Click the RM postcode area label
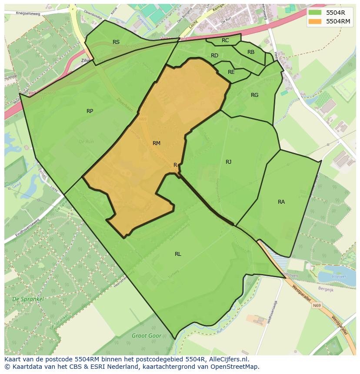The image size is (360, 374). (x=157, y=143)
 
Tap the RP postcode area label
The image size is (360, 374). (x=90, y=111)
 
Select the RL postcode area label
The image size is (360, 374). (x=178, y=254)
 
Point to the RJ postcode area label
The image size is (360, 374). (x=228, y=162)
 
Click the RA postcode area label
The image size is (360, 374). (x=281, y=202)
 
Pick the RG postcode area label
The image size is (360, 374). (x=254, y=95)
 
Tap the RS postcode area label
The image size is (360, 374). (x=116, y=42)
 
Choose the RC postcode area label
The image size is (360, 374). (x=225, y=40)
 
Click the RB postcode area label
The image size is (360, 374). (x=251, y=52)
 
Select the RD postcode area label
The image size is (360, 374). (x=214, y=56)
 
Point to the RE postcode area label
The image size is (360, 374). (x=231, y=72)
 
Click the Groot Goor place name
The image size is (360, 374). (x=147, y=336)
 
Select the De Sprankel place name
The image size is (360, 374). (x=28, y=299)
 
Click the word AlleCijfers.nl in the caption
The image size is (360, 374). (x=228, y=359)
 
